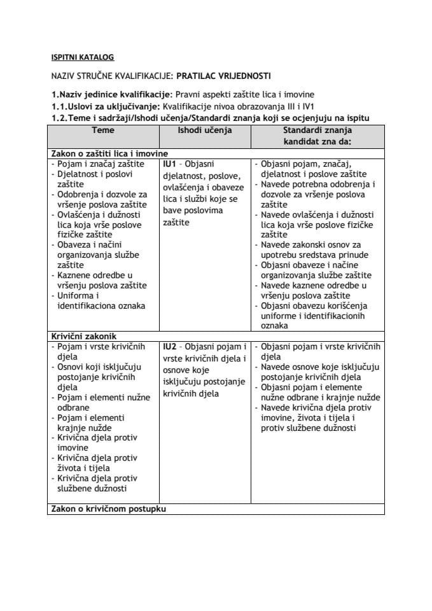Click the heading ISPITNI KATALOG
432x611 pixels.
[x=83, y=57]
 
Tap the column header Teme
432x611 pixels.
[x=103, y=130]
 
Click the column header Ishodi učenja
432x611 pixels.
[x=205, y=130]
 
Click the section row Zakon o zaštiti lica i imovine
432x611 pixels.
[x=108, y=153]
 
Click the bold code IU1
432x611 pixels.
[x=170, y=164]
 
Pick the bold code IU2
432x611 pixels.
[x=170, y=346]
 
